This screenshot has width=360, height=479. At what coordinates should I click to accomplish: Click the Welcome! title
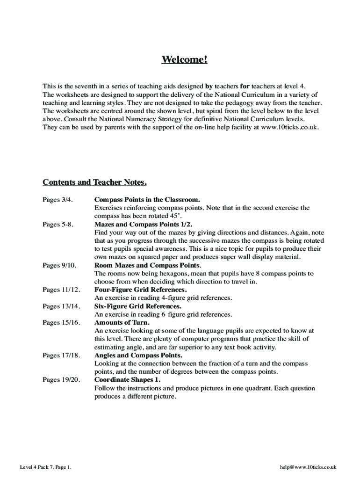click(x=184, y=60)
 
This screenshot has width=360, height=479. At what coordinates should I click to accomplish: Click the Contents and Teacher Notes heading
click(x=95, y=182)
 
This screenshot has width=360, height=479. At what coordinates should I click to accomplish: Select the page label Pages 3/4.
click(x=58, y=199)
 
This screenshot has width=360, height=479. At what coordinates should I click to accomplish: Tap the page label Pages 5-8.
click(x=58, y=224)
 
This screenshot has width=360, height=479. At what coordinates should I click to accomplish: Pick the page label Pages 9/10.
click(x=60, y=265)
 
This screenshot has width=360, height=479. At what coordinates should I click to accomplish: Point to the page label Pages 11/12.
click(x=61, y=290)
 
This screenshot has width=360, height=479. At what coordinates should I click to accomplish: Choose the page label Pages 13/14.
click(x=61, y=306)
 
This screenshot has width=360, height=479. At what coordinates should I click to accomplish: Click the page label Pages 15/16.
click(x=61, y=322)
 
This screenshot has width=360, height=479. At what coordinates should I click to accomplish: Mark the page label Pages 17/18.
click(x=61, y=355)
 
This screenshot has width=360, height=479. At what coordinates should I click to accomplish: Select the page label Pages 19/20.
click(x=61, y=380)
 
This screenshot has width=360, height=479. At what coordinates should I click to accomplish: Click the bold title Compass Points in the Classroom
click(x=147, y=199)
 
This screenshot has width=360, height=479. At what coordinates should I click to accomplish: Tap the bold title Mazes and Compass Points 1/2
click(x=143, y=224)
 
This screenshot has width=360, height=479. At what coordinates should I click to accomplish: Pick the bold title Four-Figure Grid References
click(x=140, y=290)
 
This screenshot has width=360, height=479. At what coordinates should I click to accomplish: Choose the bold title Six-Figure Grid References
click(x=138, y=306)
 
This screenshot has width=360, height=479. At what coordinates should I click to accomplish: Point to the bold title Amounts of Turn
click(x=122, y=322)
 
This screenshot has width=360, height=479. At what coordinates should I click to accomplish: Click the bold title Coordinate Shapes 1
click(x=127, y=380)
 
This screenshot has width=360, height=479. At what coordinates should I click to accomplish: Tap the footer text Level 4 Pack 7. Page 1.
click(x=45, y=467)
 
